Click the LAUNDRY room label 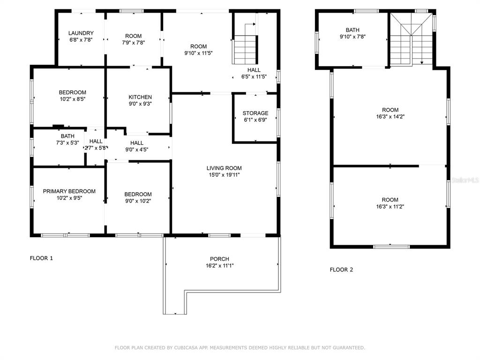click(x=81, y=33)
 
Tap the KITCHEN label click(x=140, y=97)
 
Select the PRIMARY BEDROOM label click(x=69, y=191)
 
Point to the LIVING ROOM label click(x=224, y=168)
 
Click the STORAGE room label click(x=255, y=113)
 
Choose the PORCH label click(x=219, y=259)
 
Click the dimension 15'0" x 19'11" click(x=224, y=175)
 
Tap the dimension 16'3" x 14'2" click(x=390, y=117)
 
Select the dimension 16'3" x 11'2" click(x=390, y=207)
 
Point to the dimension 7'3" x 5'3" click(x=67, y=142)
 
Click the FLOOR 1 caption click(x=41, y=258)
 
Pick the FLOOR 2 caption click(x=341, y=270)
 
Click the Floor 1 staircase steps click(x=245, y=49)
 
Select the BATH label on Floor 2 click(x=352, y=30)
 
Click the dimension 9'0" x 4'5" click(x=137, y=150)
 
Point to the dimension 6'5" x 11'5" click(x=254, y=77)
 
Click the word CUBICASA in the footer click(x=186, y=348)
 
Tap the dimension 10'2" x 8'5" click(x=73, y=99)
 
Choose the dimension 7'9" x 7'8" click(x=134, y=43)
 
